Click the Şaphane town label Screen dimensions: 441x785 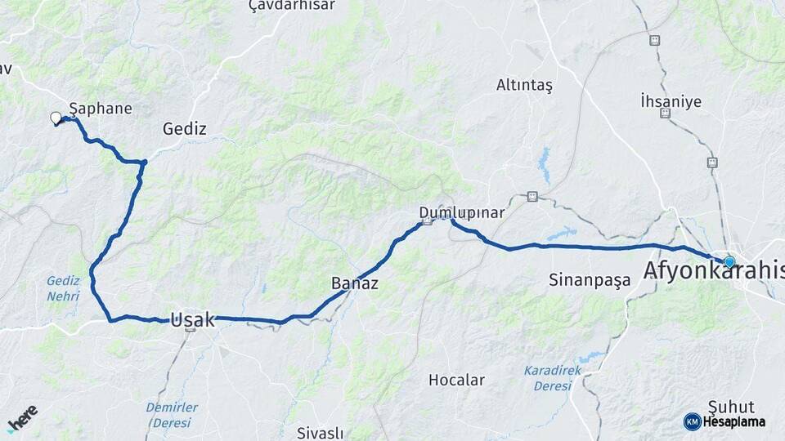point(101,108)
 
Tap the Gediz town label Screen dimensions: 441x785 point(184,128)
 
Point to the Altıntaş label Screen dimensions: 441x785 point(524,85)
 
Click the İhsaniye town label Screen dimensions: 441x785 point(671,101)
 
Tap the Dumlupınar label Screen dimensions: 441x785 point(461,212)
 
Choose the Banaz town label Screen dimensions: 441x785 point(354,283)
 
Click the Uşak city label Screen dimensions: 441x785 point(193,320)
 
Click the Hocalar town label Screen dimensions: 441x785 point(456,380)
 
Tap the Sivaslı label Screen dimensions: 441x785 point(320,433)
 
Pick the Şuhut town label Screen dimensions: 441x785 point(731,407)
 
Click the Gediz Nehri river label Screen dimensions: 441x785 point(63,288)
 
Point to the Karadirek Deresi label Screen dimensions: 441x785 point(554,377)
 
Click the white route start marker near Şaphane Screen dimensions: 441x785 point(56,118)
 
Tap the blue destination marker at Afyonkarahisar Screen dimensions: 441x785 point(729,262)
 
